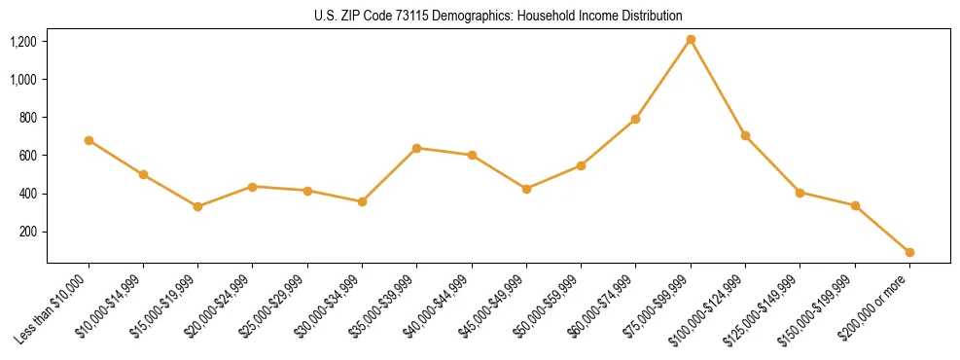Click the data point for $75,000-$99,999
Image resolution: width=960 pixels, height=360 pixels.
(691, 39)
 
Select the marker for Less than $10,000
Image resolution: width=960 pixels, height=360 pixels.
(89, 140)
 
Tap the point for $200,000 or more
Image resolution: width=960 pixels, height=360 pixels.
(909, 252)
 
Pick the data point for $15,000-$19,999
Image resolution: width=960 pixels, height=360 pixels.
(198, 206)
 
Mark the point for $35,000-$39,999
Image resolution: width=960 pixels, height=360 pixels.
(416, 148)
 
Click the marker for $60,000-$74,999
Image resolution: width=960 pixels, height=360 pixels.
(635, 119)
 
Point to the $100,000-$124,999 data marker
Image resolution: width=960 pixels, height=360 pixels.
(745, 135)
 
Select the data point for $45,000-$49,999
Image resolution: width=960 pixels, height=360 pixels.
(526, 189)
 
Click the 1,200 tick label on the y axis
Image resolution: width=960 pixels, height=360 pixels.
(23, 42)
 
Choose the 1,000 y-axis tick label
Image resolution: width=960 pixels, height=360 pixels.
(23, 80)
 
